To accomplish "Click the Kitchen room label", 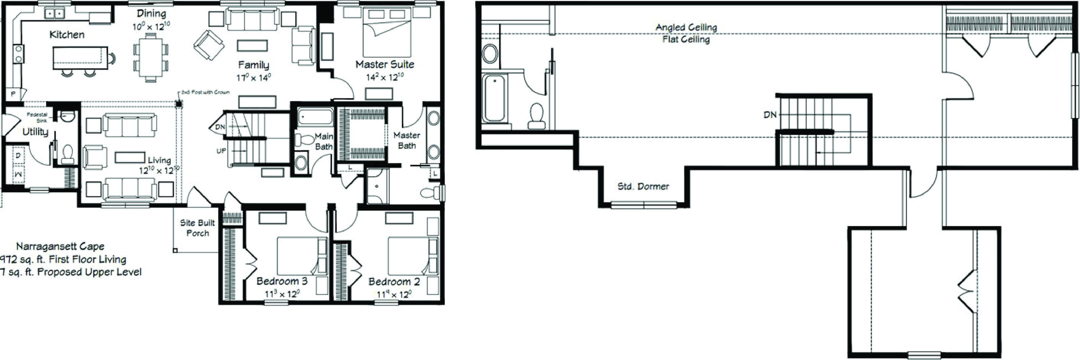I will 67,34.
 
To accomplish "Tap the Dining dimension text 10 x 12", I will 151,27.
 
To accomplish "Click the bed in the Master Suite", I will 386,32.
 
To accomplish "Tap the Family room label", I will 253,65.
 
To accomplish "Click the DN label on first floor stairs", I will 220,127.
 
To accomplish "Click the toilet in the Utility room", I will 67,154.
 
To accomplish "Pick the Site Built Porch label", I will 197,228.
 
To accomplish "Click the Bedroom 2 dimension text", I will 393,295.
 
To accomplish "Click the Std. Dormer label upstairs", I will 643,186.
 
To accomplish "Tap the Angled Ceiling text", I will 686,27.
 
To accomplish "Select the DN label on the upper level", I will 770,115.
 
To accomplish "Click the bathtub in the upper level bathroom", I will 494,98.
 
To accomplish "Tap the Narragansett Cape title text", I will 60,246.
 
